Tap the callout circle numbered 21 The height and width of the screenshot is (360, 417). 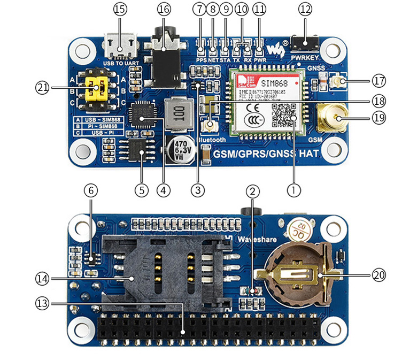click(43, 86)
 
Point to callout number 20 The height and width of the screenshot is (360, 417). click(379, 275)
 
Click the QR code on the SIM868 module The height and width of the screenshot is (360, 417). click(283, 114)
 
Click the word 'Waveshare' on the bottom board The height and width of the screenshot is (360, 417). click(257, 239)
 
